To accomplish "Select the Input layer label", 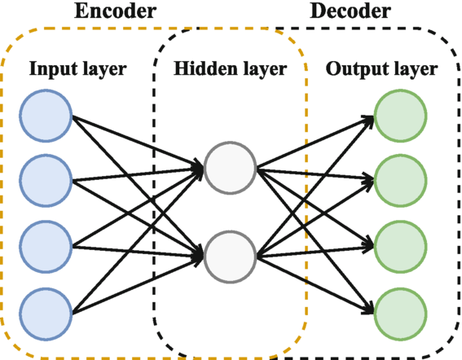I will (x=77, y=68).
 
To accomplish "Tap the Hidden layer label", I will (x=231, y=68).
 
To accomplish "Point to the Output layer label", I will (x=381, y=68).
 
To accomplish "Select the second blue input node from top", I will (x=46, y=178).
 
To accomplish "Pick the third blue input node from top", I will (x=46, y=244).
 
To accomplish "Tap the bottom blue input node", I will (x=46, y=310).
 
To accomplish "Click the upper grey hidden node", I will (x=231, y=168).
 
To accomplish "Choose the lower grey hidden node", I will (x=231, y=257).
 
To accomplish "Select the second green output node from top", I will (x=399, y=178).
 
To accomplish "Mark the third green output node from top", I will (x=399, y=244).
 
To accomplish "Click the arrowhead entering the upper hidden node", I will (x=196, y=169).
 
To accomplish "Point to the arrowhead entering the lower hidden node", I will (x=196, y=257).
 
